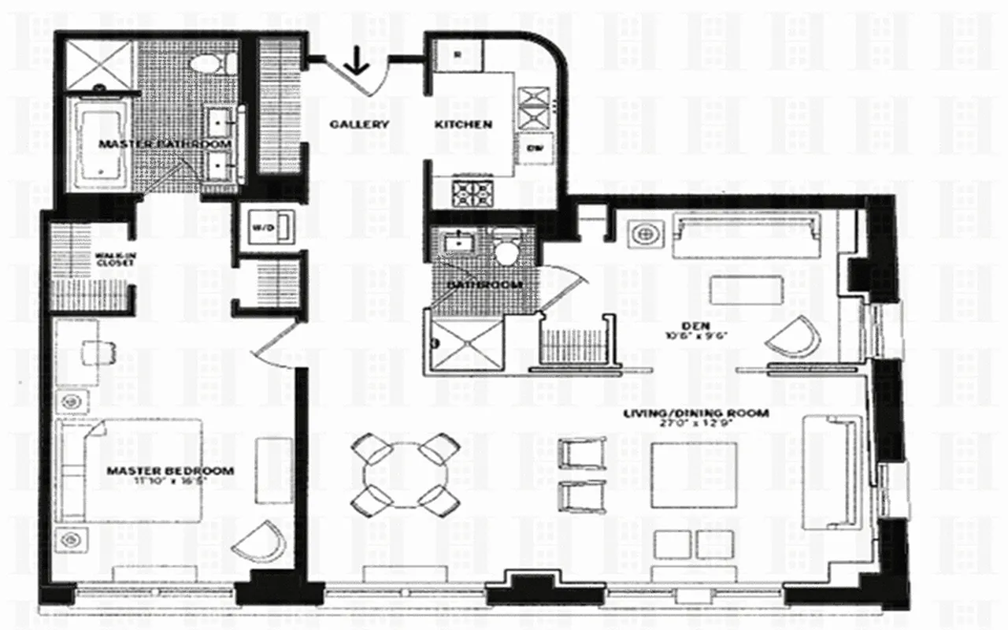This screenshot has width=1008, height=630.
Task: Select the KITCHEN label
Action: point(464,124)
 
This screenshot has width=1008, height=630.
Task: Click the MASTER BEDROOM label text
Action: point(170,472)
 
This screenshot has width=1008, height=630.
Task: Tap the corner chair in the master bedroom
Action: point(258,542)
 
